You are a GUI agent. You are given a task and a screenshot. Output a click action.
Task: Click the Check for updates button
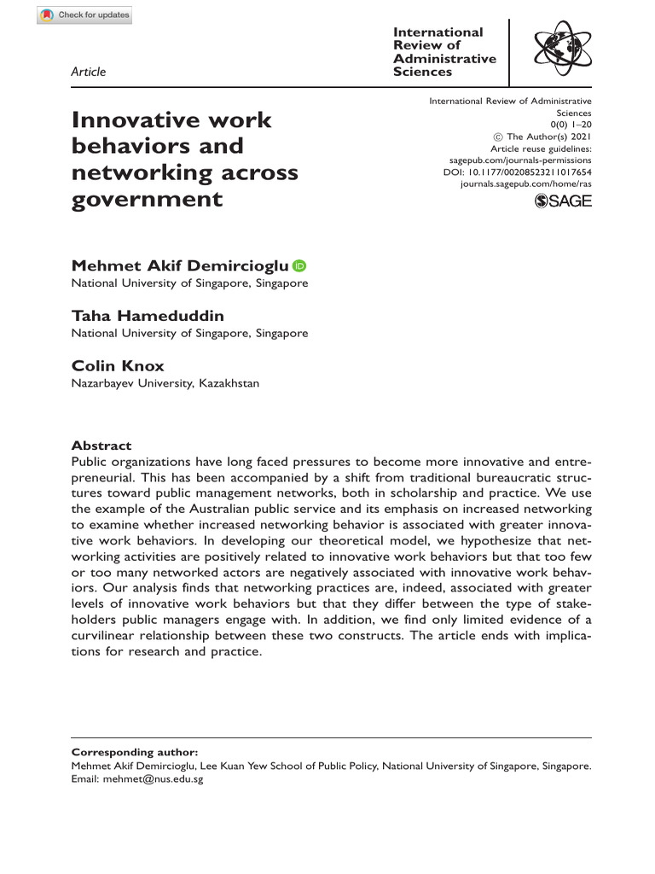point(84,15)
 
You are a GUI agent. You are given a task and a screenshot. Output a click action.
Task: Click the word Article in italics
point(89,72)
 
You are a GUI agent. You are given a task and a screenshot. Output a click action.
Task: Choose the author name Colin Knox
point(118,366)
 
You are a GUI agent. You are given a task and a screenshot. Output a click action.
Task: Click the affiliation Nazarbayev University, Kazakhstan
point(165,383)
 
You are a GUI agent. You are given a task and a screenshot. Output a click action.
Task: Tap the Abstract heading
point(101,446)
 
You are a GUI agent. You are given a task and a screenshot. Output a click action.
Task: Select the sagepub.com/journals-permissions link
point(520,160)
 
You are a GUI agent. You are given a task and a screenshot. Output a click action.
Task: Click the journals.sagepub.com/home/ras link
point(525,184)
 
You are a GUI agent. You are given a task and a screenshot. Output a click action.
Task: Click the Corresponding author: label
point(135,752)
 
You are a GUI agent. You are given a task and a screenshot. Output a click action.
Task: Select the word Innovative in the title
point(130,120)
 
